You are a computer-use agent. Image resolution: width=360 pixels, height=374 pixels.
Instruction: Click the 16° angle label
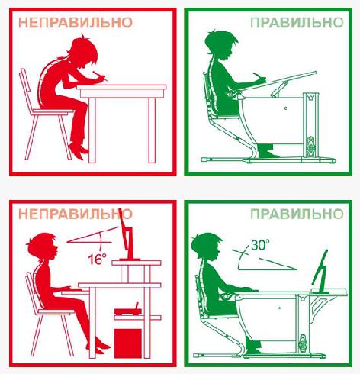click(x=97, y=259)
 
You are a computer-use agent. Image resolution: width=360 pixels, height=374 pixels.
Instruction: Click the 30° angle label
click(x=260, y=244)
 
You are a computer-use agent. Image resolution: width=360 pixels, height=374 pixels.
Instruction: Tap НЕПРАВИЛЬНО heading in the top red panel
click(x=76, y=23)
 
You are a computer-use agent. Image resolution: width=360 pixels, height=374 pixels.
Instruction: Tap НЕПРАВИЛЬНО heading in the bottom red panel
click(x=76, y=214)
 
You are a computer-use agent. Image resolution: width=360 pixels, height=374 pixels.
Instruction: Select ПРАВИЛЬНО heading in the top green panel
click(x=297, y=23)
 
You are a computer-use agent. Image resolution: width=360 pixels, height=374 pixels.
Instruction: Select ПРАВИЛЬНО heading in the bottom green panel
click(x=297, y=214)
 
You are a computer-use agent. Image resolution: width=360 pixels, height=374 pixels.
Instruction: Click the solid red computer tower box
click(x=128, y=343)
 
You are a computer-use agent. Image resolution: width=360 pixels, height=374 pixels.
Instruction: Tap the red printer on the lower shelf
click(x=128, y=310)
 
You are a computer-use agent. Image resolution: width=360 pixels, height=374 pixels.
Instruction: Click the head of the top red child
click(x=82, y=53)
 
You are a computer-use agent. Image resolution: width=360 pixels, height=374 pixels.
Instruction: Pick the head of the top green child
click(x=220, y=46)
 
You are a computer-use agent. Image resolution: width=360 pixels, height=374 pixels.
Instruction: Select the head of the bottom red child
click(x=43, y=246)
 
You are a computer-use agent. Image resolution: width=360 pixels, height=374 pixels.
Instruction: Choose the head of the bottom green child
click(x=207, y=247)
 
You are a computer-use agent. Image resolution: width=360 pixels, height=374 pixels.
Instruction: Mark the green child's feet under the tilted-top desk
click(x=266, y=150)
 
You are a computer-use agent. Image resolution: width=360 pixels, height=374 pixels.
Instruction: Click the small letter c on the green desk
click(x=285, y=108)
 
